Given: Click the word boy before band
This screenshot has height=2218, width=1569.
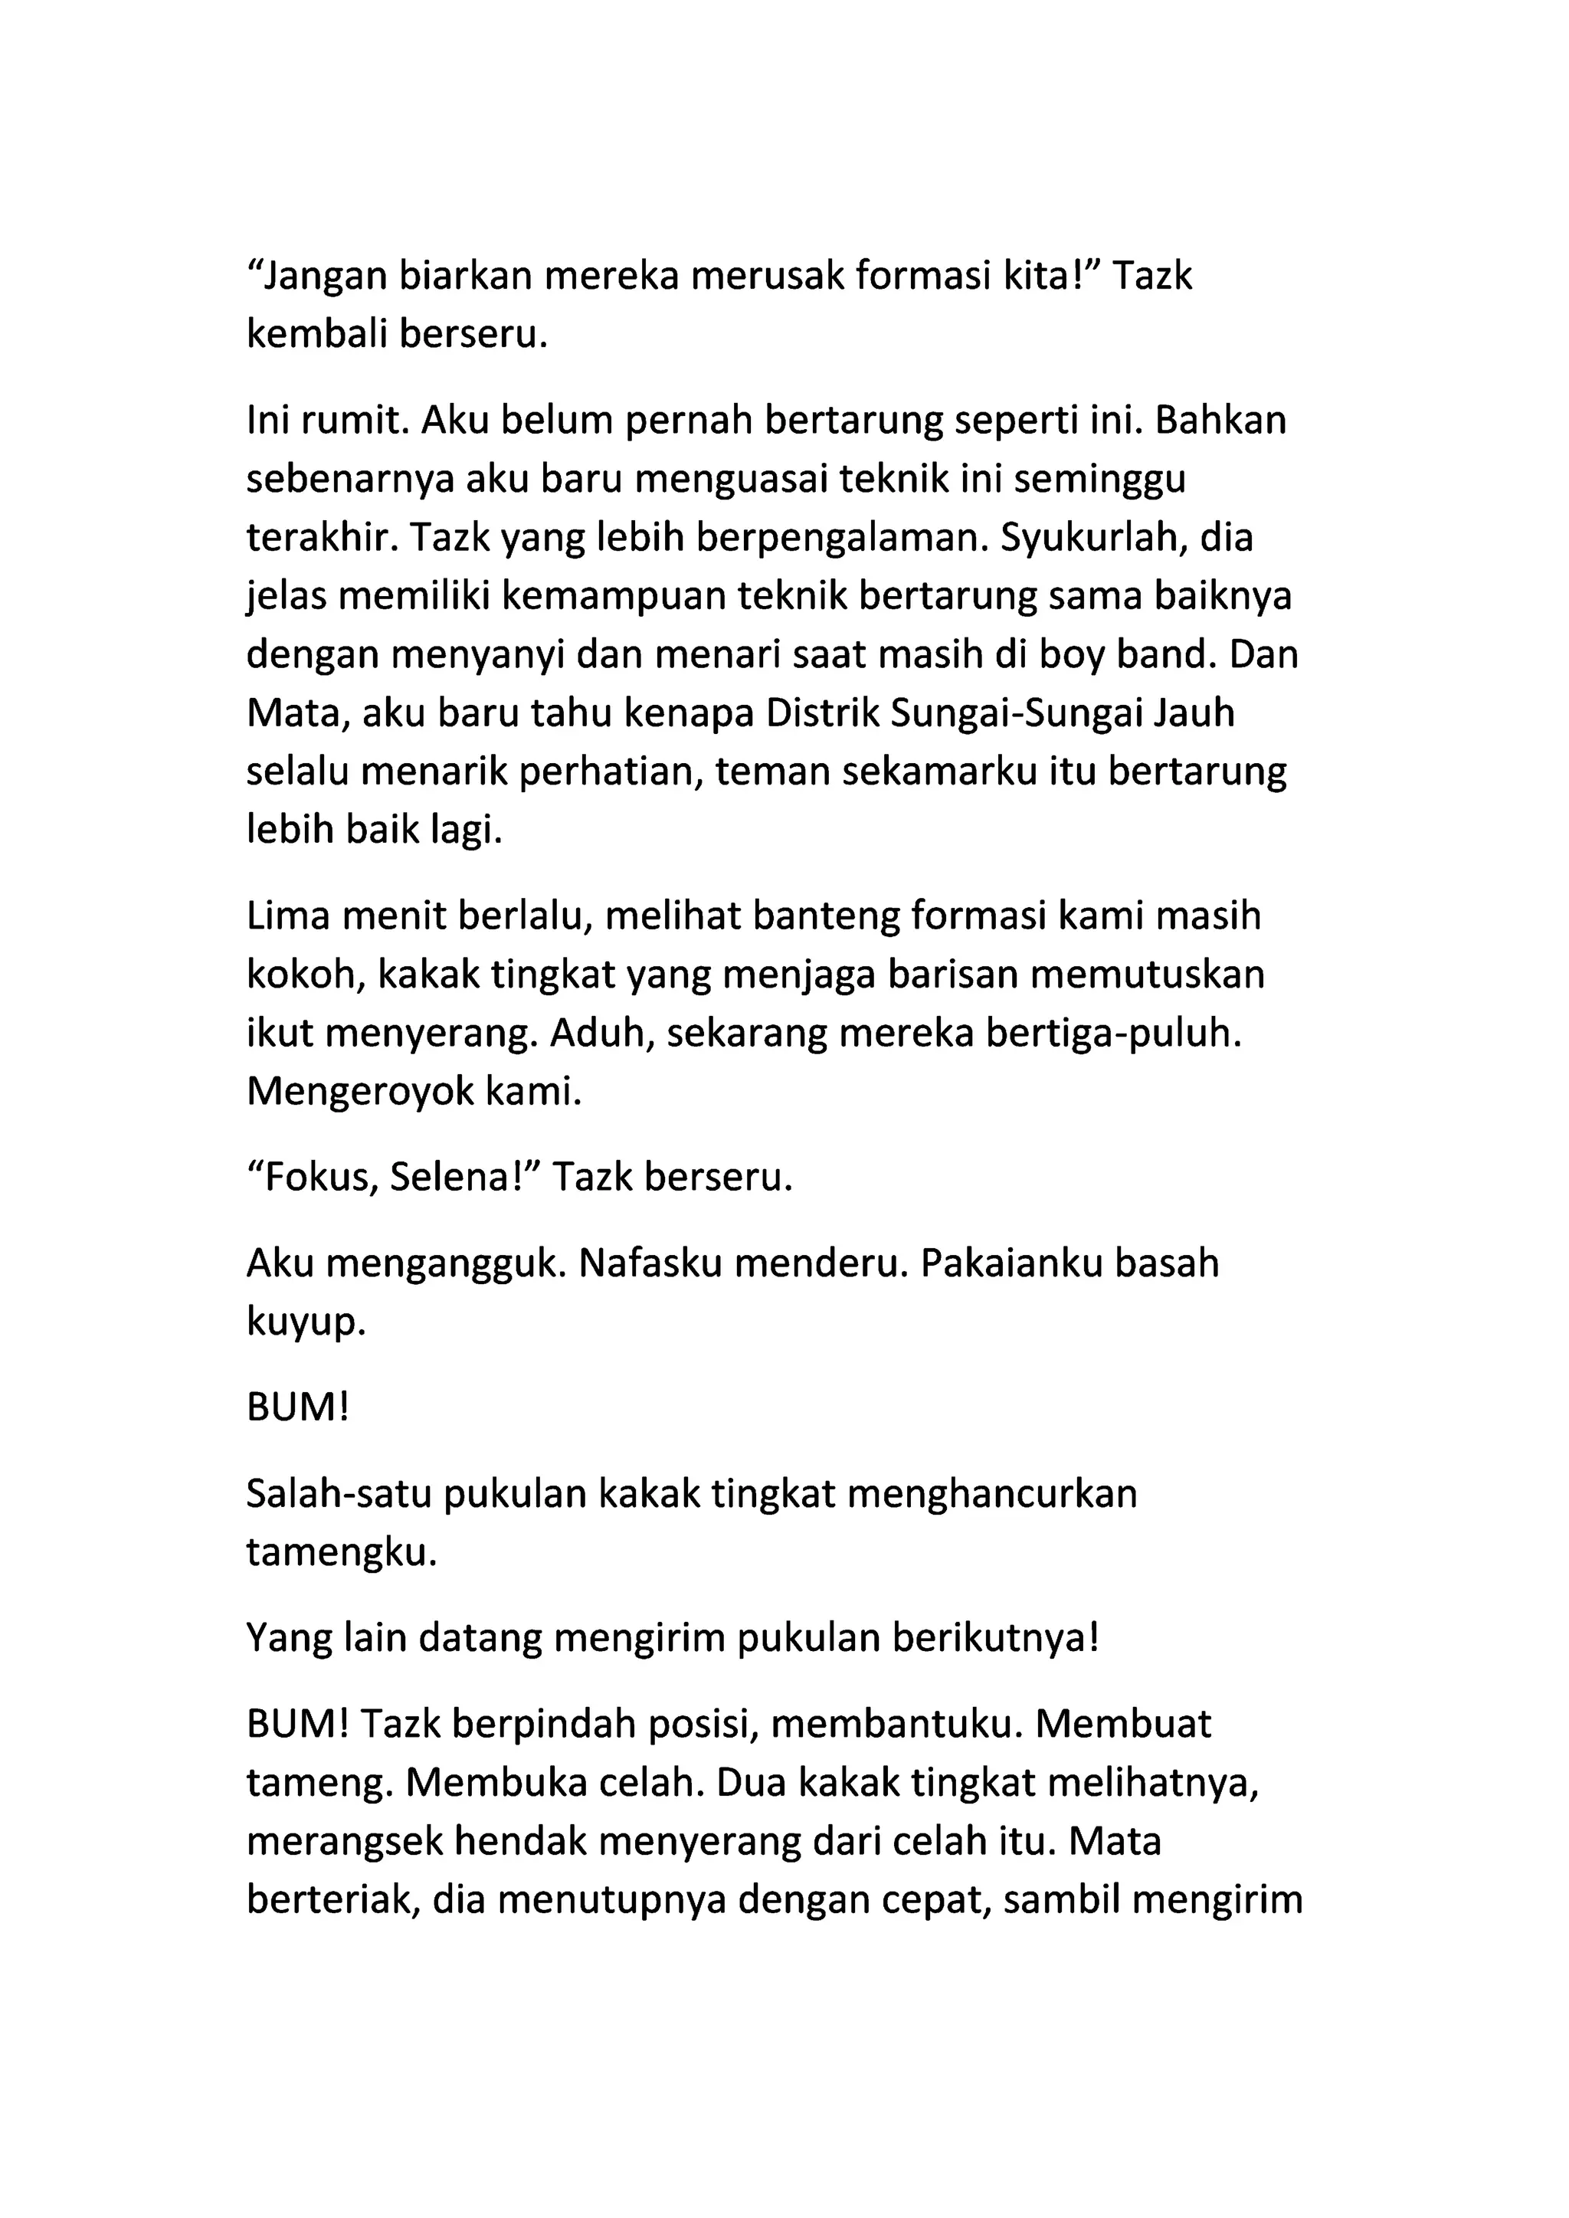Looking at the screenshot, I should [x=1074, y=656].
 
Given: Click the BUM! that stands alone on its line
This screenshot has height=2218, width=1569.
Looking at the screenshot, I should [x=296, y=1410].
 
